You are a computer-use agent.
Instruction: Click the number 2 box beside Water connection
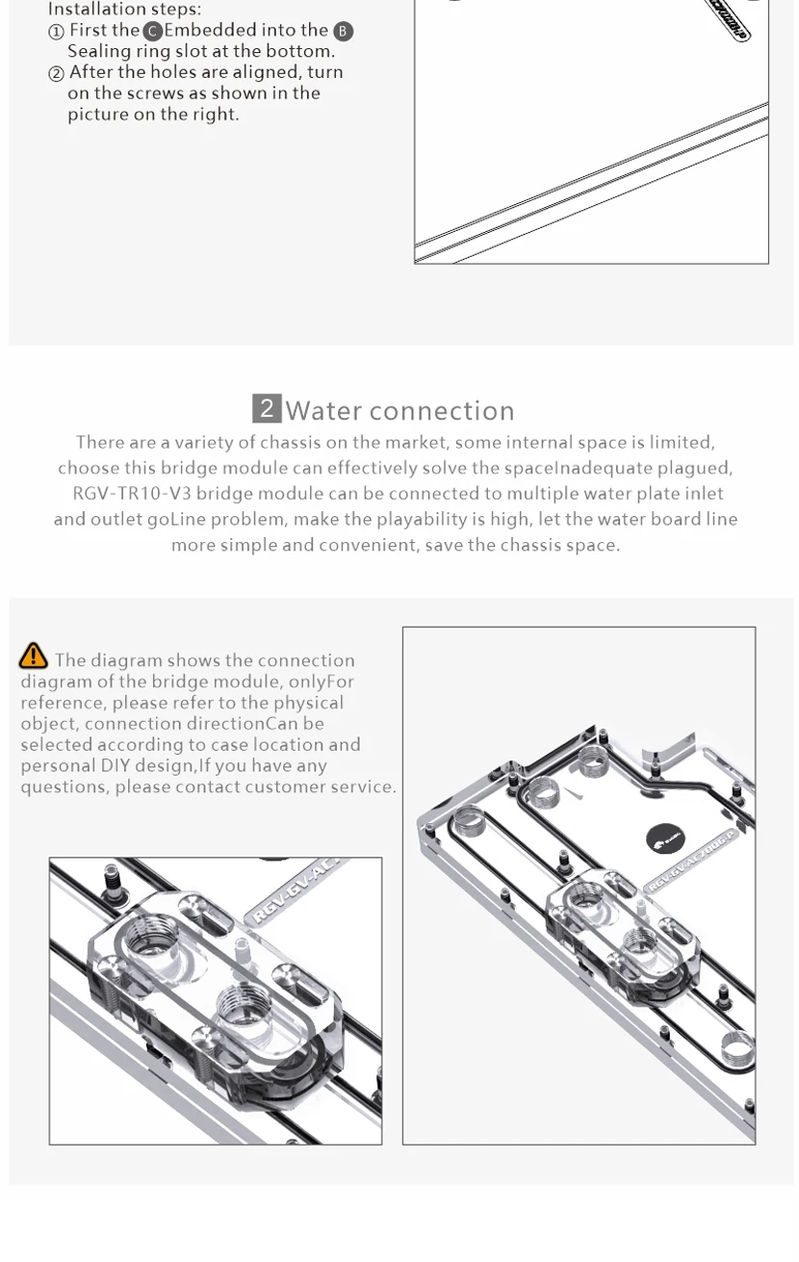coord(267,408)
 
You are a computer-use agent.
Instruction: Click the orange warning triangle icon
coord(33,656)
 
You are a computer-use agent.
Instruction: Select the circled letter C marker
coord(152,32)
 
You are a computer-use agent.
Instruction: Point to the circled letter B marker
coord(343,32)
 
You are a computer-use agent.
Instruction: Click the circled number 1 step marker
coord(56,32)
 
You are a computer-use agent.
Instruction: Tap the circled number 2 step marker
coord(56,74)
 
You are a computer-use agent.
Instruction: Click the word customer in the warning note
coord(291,787)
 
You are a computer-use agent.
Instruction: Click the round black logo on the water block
coord(664,839)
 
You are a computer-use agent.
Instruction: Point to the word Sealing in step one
coord(95,52)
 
